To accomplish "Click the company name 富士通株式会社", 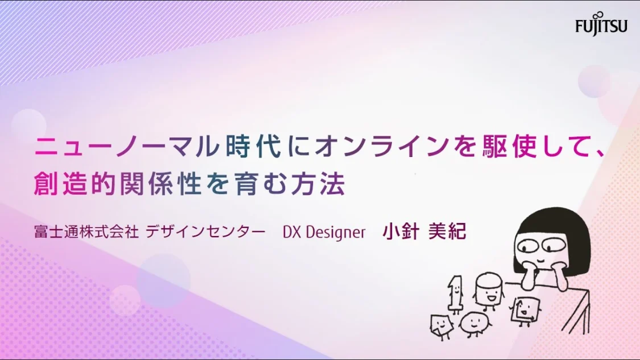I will pyautogui.click(x=86, y=231).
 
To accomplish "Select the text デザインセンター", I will pyautogui.click(x=205, y=231).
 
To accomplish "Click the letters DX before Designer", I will pyautogui.click(x=292, y=232).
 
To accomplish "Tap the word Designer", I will pyautogui.click(x=336, y=232).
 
